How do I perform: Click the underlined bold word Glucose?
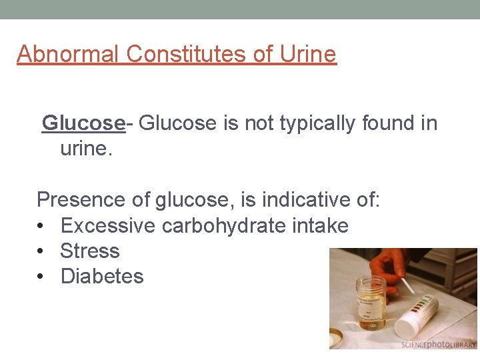pos(83,123)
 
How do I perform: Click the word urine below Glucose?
pos(86,148)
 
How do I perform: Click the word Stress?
pos(89,251)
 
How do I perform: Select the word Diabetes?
pos(101,276)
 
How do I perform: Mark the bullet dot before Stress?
pos(41,251)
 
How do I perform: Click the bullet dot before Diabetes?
pos(41,276)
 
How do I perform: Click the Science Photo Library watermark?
pos(438,344)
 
